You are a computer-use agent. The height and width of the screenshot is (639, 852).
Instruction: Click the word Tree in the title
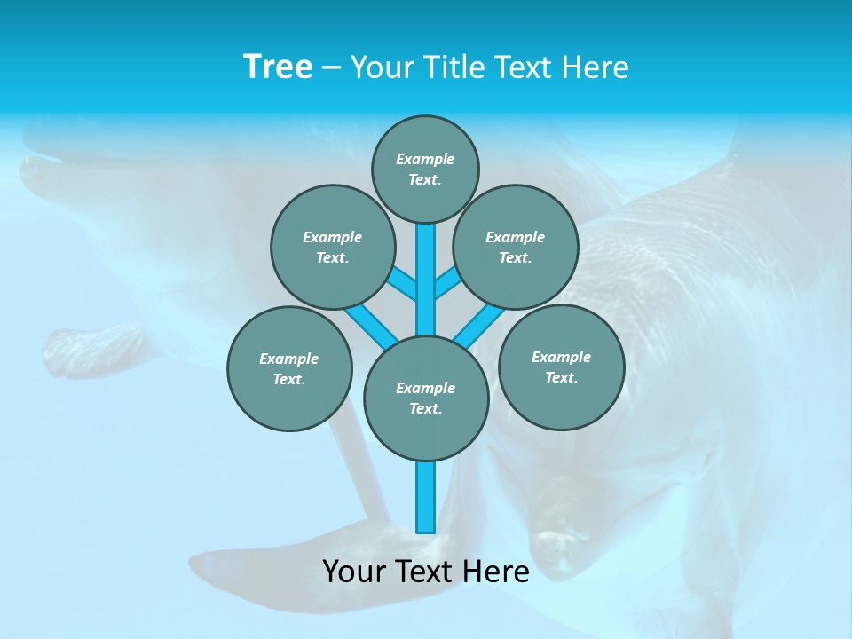[278, 67]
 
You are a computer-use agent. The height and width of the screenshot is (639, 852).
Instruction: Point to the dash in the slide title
[331, 67]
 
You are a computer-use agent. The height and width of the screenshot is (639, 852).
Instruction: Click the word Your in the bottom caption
[354, 571]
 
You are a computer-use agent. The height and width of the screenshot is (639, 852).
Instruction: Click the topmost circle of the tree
[425, 170]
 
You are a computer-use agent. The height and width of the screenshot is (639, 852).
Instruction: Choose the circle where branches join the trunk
[426, 398]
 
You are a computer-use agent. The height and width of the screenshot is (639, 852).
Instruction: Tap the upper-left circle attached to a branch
[332, 247]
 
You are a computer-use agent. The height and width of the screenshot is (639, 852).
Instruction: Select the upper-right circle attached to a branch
[516, 247]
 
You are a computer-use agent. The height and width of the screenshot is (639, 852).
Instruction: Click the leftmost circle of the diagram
[289, 368]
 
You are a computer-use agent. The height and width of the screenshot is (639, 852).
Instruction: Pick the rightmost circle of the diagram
[561, 367]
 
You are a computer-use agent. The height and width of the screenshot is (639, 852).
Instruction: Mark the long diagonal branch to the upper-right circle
[479, 325]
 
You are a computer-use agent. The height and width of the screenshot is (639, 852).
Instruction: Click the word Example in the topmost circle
[425, 159]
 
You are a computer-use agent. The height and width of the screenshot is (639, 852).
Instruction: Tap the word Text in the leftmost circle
[288, 379]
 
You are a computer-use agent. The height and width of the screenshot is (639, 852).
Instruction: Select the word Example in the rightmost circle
[561, 357]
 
